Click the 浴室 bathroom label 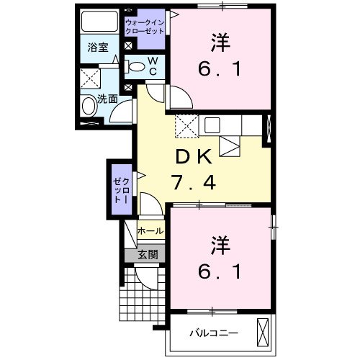98,49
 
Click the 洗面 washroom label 108,99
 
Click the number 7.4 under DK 193,183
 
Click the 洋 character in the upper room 220,42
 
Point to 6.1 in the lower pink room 220,272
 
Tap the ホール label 150,232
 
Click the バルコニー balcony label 213,333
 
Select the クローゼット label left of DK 120,187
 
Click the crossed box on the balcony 263,333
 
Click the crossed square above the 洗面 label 89,78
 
